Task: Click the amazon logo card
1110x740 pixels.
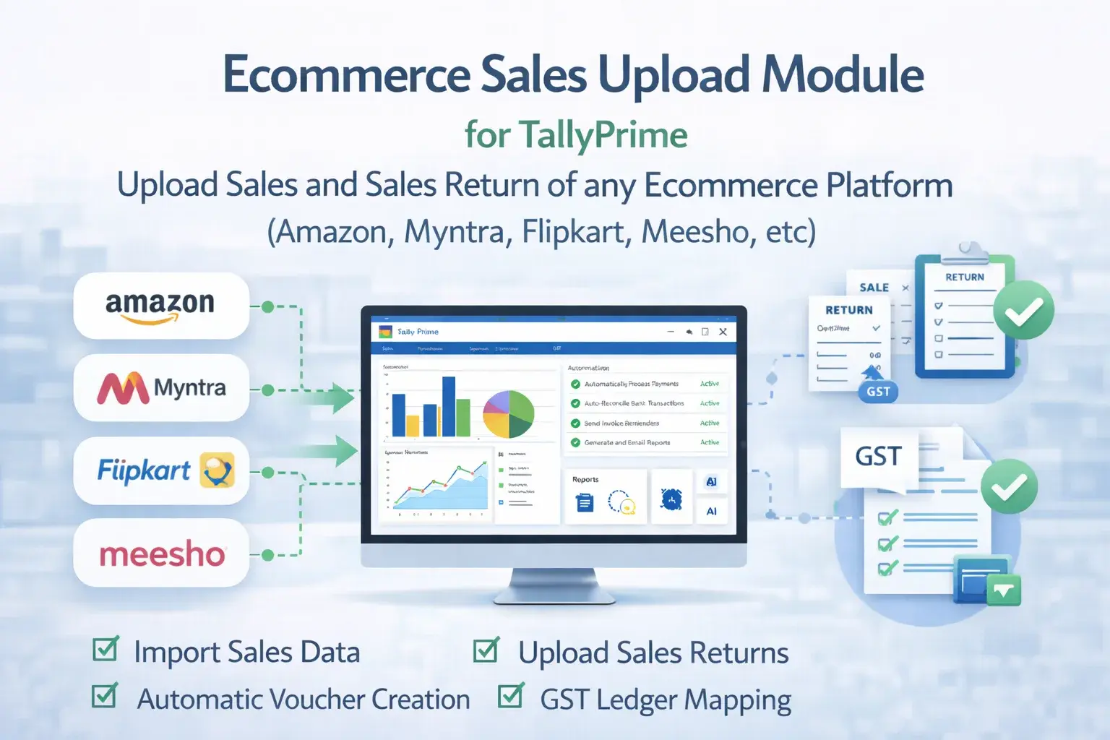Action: click(161, 306)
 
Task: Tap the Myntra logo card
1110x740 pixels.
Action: click(161, 388)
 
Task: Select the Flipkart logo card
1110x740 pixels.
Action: click(161, 470)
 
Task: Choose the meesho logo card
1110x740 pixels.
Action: click(161, 554)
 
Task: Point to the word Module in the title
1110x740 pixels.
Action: click(843, 74)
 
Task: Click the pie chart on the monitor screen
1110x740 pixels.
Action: click(508, 414)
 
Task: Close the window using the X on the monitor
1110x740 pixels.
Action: click(723, 332)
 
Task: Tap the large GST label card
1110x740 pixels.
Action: click(879, 457)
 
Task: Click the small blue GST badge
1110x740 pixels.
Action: click(878, 392)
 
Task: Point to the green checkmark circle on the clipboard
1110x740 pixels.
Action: click(1023, 310)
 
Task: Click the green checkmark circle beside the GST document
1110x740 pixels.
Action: click(1009, 486)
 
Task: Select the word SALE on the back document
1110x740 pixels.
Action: click(874, 288)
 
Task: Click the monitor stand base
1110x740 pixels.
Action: click(554, 596)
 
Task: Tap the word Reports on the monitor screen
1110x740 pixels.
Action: click(585, 479)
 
